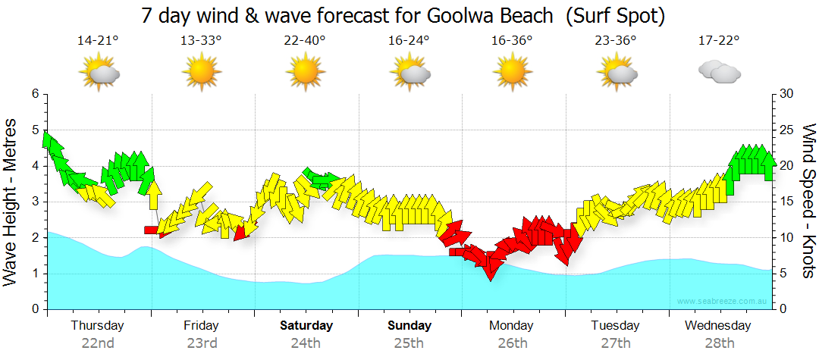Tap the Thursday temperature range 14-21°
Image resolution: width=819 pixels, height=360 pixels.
click(98, 41)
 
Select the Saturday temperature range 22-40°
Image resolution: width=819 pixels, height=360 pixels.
click(304, 41)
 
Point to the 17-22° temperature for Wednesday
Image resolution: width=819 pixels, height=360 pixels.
click(718, 41)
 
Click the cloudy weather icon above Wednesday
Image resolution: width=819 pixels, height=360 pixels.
click(719, 73)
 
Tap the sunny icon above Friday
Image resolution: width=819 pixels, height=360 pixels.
click(201, 74)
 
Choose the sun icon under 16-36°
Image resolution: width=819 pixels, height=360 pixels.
click(512, 74)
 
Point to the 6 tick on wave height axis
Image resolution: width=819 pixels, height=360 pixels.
click(35, 94)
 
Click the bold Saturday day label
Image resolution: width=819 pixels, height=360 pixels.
click(306, 326)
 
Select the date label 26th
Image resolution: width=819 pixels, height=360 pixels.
click(513, 343)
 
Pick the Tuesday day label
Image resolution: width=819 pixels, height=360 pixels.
click(616, 326)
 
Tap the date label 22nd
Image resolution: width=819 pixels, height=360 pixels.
click(98, 343)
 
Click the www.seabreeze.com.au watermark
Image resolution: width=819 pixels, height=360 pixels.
click(722, 302)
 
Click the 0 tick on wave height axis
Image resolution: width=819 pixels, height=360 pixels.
click(35, 310)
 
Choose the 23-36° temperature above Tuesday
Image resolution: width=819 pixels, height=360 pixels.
click(615, 41)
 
